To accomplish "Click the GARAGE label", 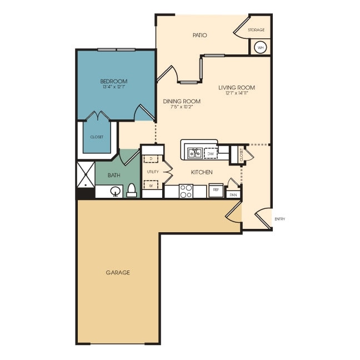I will [x=118, y=272].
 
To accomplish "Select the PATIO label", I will [x=200, y=35].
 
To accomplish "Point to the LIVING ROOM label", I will [x=237, y=87].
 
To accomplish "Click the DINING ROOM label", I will [x=182, y=101].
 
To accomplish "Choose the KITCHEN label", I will [x=202, y=172].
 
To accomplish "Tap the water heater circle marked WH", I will [x=260, y=47].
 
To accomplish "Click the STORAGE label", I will [x=256, y=30].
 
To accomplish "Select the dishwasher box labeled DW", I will [x=211, y=153].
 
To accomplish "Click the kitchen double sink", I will [x=194, y=153].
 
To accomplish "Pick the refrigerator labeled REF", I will [x=216, y=190].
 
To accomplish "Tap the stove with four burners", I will [x=186, y=191].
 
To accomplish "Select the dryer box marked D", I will [x=151, y=158].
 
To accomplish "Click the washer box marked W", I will [x=151, y=186].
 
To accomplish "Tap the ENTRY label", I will [x=279, y=219].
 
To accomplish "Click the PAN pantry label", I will [x=233, y=195].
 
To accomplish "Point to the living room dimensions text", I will [x=237, y=93].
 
